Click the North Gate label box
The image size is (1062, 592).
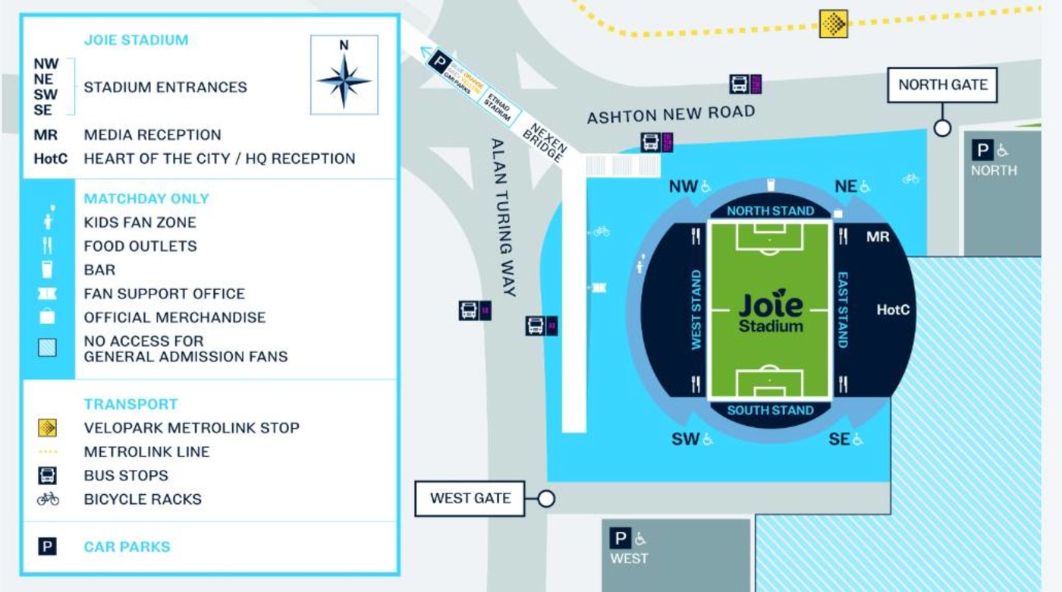click(943, 85)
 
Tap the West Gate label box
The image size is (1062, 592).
click(470, 499)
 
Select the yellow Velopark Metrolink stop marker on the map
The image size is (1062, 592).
click(834, 24)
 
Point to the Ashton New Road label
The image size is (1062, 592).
click(671, 115)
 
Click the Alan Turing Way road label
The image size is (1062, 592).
click(503, 217)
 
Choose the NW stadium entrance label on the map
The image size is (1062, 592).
click(683, 187)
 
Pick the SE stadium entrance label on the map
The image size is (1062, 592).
click(839, 439)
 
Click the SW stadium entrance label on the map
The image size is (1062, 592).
click(685, 439)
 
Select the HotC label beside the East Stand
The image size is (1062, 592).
click(893, 310)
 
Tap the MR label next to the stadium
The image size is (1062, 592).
click(878, 238)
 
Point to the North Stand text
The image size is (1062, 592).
click(770, 211)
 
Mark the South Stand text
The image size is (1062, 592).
click(770, 411)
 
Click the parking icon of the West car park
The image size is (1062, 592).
click(621, 539)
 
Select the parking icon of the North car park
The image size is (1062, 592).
click(982, 150)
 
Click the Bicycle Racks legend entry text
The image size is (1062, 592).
click(143, 499)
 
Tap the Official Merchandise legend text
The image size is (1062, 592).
click(174, 317)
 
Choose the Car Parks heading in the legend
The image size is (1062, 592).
click(127, 546)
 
